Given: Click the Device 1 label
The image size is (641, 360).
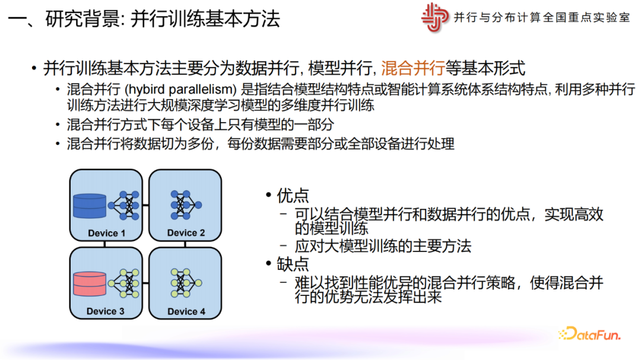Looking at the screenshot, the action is [x=106, y=233].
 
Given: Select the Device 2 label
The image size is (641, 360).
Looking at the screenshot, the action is [x=186, y=232].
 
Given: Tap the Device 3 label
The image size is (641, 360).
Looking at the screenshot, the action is [x=106, y=311].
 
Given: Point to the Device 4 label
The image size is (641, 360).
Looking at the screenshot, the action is [x=186, y=311].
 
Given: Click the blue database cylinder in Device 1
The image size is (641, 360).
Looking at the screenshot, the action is [x=90, y=206].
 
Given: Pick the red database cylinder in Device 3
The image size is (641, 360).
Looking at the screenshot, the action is [x=90, y=283].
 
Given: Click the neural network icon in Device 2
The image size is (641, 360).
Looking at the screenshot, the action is [x=186, y=205].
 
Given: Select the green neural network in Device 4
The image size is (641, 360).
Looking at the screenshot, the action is [x=186, y=283].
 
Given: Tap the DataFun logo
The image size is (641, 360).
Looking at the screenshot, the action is [x=590, y=334].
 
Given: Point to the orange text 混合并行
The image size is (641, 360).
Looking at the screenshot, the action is [x=413, y=68].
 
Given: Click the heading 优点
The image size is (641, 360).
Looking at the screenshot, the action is [x=293, y=196].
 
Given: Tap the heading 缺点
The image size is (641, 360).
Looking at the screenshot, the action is [x=293, y=265].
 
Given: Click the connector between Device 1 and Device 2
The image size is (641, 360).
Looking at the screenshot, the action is [x=145, y=205].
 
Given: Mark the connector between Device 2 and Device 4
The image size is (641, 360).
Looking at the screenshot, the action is [x=185, y=244].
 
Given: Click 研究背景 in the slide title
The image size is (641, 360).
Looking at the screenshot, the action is [x=82, y=19].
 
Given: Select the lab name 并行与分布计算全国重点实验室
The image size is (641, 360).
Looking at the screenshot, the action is [x=542, y=18].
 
